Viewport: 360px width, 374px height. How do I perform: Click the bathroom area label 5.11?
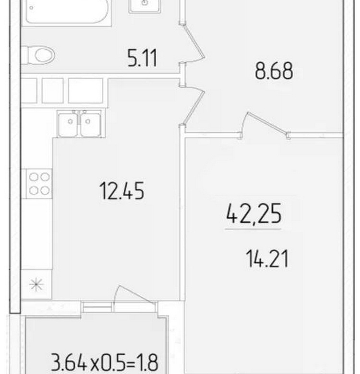[x=142, y=58]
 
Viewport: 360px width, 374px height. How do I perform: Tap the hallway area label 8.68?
[x=274, y=71]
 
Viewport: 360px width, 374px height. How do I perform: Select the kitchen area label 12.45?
[x=122, y=190]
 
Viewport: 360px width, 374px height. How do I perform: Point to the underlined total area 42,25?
[x=254, y=214]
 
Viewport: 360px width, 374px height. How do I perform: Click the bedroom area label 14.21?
[x=267, y=258]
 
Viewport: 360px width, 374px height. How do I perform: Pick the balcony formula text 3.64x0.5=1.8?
[x=105, y=362]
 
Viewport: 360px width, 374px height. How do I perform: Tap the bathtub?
[x=67, y=12]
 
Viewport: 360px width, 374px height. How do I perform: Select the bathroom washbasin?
[x=144, y=6]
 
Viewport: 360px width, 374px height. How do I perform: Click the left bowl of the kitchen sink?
[x=68, y=125]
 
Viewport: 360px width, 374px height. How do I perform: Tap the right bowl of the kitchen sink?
[x=90, y=125]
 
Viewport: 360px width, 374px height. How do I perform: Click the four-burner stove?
[x=39, y=184]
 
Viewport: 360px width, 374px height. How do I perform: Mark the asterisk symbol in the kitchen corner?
[x=36, y=284]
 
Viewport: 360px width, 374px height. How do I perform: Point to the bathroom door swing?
[x=193, y=43]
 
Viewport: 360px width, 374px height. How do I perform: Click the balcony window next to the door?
[x=97, y=307]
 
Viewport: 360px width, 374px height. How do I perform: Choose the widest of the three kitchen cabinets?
[x=85, y=91]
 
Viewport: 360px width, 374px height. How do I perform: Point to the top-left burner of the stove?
[x=34, y=177]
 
